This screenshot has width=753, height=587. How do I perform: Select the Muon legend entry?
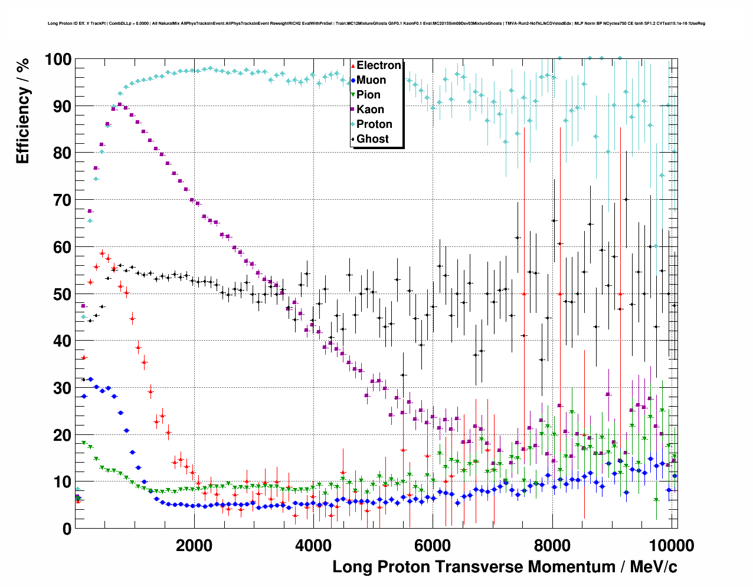click(x=371, y=80)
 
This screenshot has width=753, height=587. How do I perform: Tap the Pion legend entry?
click(x=368, y=95)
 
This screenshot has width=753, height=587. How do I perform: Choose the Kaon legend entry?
click(x=370, y=110)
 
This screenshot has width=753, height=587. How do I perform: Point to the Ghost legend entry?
click(x=372, y=139)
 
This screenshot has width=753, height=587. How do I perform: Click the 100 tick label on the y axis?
click(x=58, y=60)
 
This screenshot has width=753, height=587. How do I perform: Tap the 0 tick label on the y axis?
click(x=67, y=529)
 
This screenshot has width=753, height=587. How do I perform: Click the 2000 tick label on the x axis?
click(x=194, y=545)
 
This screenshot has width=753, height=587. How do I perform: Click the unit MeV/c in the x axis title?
click(x=653, y=567)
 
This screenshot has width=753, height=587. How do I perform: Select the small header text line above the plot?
click(x=376, y=24)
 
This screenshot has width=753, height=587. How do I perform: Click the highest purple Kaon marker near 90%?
click(x=120, y=104)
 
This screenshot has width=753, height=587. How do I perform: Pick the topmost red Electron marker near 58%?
click(x=102, y=253)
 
